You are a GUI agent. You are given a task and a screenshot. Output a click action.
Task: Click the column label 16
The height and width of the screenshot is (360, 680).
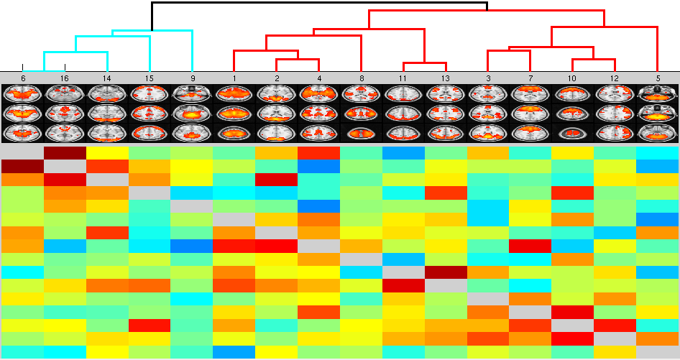65,77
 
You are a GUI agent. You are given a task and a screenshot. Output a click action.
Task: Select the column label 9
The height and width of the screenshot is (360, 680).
192,77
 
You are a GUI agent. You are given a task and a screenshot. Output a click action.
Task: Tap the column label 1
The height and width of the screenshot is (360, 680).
234,77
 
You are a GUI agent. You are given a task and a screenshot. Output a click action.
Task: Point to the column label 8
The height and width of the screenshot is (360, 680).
361,77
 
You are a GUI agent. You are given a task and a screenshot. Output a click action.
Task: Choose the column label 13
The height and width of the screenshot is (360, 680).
446,77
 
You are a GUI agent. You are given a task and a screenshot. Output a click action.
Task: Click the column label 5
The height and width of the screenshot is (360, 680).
658,77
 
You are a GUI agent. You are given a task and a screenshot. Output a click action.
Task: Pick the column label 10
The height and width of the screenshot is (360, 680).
572,77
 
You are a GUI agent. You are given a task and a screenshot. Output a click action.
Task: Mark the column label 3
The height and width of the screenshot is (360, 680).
488,77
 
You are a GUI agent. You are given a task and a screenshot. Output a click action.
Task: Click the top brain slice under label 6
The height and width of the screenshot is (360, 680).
23,93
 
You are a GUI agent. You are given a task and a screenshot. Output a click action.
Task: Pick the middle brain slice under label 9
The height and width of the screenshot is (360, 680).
192,113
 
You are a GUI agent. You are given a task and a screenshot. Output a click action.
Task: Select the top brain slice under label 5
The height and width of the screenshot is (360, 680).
658,93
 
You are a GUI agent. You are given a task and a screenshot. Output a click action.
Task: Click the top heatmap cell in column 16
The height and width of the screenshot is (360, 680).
65,152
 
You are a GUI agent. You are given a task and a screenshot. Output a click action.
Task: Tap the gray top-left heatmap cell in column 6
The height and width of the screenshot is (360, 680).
22,152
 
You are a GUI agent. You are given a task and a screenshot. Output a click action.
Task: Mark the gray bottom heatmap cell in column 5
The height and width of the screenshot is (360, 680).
658,352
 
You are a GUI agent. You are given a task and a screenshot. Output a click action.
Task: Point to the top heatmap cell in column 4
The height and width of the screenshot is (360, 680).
318,152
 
